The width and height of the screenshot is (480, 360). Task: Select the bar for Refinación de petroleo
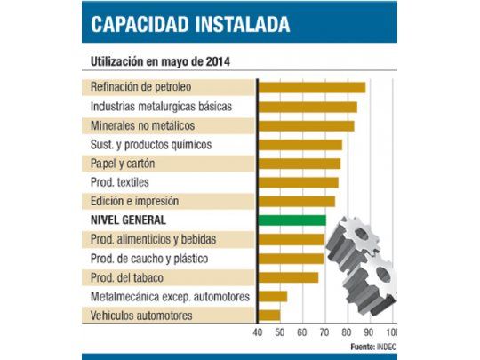tap(311, 87)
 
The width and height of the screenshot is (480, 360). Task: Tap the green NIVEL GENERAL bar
tap(292, 220)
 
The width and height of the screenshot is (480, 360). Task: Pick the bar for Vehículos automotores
tap(269, 315)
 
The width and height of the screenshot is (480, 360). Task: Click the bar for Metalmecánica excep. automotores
tap(272, 296)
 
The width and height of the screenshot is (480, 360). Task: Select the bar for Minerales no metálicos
tap(306, 125)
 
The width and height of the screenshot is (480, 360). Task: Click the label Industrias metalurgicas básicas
tap(161, 106)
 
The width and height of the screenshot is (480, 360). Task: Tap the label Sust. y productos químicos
tap(150, 144)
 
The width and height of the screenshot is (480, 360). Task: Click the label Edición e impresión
tap(134, 201)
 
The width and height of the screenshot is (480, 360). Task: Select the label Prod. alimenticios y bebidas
tap(153, 239)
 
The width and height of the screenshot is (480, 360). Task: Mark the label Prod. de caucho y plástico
tap(149, 258)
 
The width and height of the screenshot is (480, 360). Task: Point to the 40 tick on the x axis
tap(258, 332)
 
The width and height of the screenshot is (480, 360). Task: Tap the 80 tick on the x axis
tap(346, 332)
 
